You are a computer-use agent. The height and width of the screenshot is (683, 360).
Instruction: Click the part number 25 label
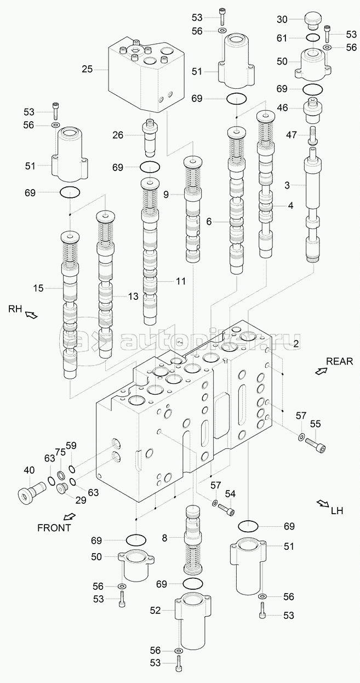(87, 69)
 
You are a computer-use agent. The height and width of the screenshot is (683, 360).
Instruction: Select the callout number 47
(292, 135)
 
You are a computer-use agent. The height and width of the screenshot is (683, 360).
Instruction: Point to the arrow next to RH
(31, 314)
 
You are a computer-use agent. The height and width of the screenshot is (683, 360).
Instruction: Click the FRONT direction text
(54, 528)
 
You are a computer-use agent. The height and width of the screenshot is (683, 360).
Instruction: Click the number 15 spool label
(38, 288)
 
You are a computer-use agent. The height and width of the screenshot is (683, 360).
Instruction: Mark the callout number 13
(133, 296)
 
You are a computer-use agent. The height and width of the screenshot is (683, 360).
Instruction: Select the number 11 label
(180, 281)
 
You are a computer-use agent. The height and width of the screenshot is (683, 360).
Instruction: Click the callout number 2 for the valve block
(295, 344)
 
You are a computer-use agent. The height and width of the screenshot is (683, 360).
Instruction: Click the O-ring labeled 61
(313, 37)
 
